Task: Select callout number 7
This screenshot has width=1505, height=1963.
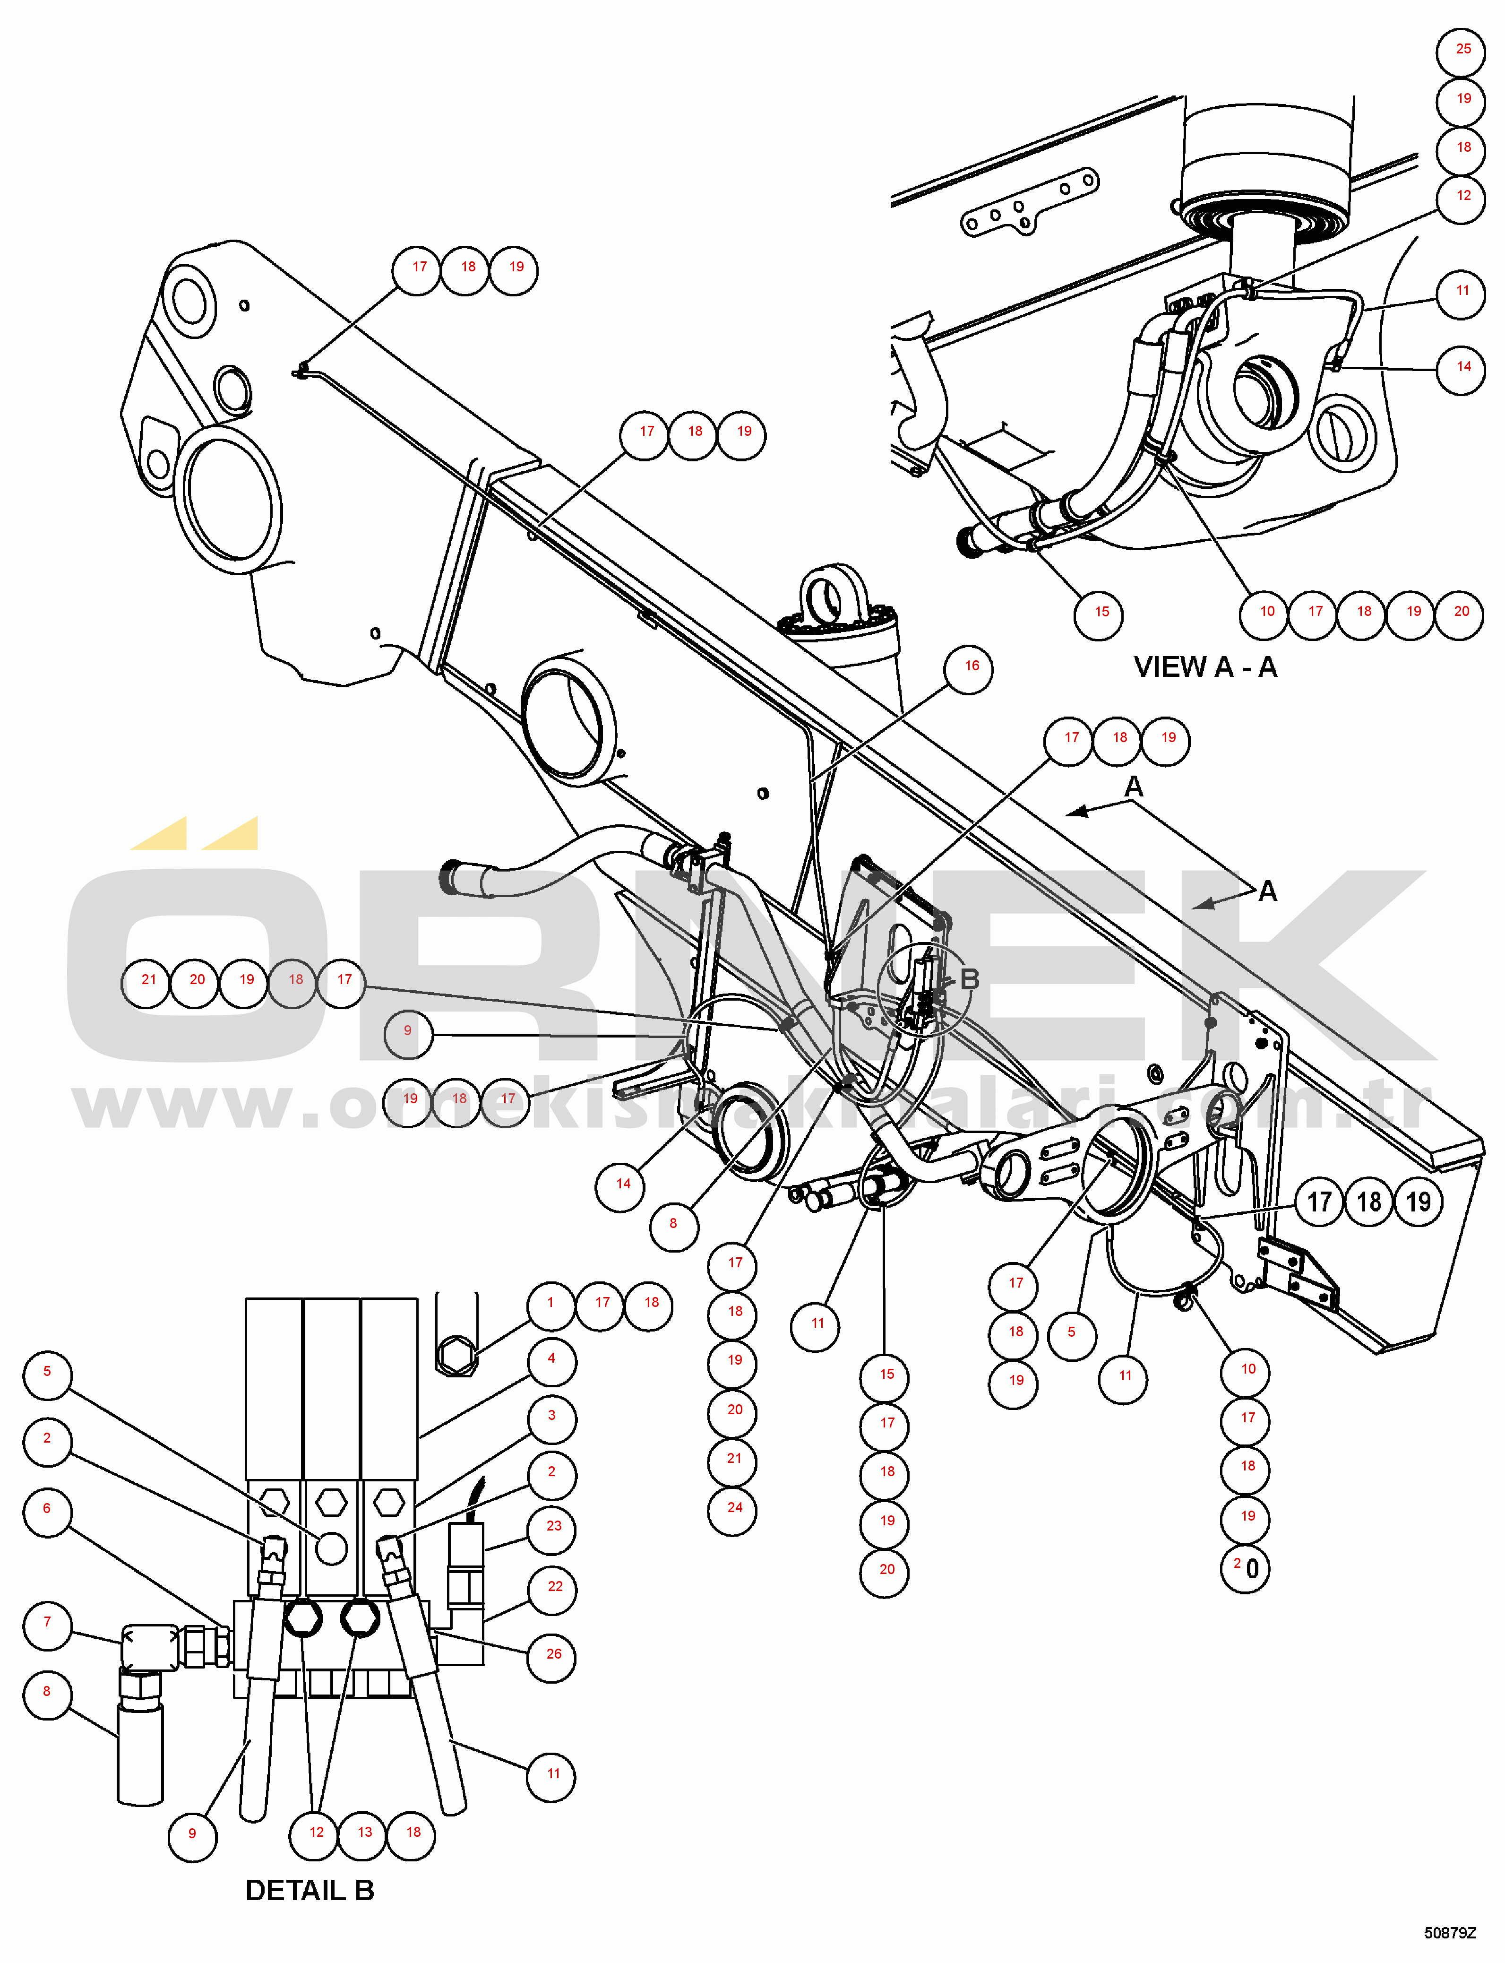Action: click(x=47, y=1622)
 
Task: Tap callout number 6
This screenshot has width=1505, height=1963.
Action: click(x=47, y=1509)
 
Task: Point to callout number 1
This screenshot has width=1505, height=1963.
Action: click(x=550, y=1303)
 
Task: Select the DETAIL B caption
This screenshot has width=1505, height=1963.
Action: click(x=309, y=1890)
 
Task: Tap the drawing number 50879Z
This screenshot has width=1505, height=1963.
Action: click(x=1449, y=1933)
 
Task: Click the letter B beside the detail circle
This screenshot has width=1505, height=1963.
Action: click(x=969, y=979)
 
